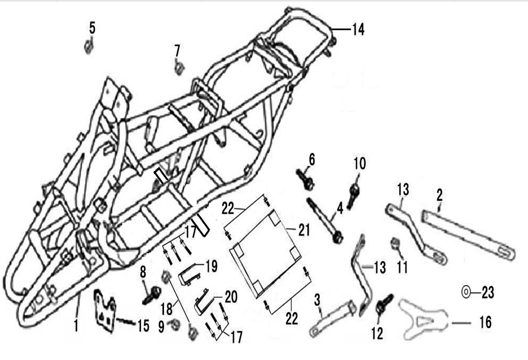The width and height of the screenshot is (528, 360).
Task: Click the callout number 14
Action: point(358,30)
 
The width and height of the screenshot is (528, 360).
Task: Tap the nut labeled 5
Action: point(88,46)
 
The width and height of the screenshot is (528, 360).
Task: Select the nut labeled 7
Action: point(179,68)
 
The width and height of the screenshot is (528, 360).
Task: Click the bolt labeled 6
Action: point(305,179)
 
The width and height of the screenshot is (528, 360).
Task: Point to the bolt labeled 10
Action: point(353,196)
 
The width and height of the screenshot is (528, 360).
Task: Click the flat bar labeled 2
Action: point(468,235)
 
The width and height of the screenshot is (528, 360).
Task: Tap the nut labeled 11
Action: point(394,244)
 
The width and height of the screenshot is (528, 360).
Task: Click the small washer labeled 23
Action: point(466,292)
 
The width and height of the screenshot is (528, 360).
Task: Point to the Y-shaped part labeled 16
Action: point(423,319)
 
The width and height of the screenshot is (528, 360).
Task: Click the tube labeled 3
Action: point(333,318)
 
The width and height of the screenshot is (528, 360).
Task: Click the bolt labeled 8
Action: point(152,296)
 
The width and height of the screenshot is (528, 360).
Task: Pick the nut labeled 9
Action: point(175,325)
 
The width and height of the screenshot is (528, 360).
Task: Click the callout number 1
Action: point(77,326)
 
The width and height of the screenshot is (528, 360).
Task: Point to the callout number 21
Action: point(304,230)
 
